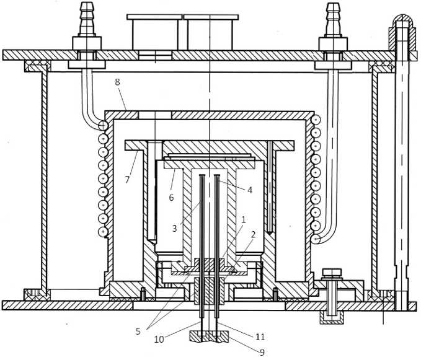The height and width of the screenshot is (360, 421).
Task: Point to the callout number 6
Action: pos(171,197)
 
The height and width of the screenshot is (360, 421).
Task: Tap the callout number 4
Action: pos(250,190)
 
